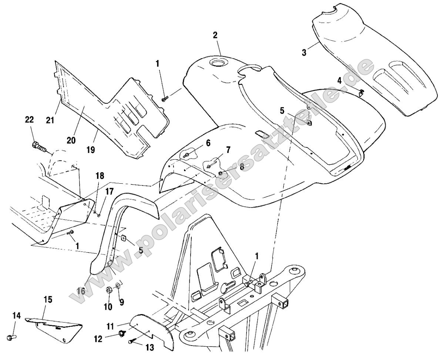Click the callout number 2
tap(215, 36)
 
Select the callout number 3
tap(304, 52)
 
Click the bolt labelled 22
tap(39, 147)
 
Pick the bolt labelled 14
tap(10, 337)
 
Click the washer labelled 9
tap(118, 286)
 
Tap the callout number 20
tap(71, 140)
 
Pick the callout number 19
tap(90, 150)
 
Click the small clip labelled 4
tap(362, 91)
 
